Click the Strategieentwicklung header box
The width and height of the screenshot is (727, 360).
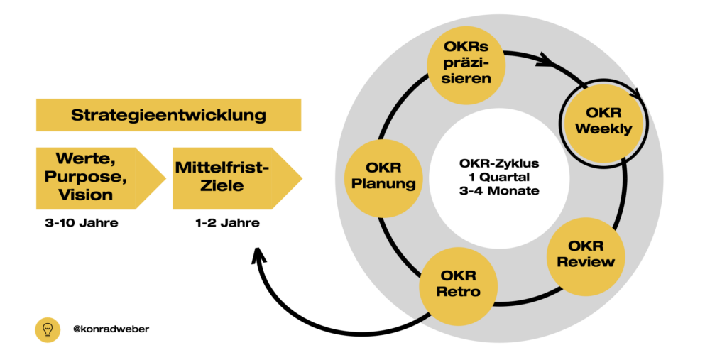point(168,115)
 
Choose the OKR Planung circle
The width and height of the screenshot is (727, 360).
point(381,177)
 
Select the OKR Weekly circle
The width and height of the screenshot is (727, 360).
point(603,121)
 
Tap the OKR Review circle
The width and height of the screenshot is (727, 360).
point(586,254)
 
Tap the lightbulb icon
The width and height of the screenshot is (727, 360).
point(48,329)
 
